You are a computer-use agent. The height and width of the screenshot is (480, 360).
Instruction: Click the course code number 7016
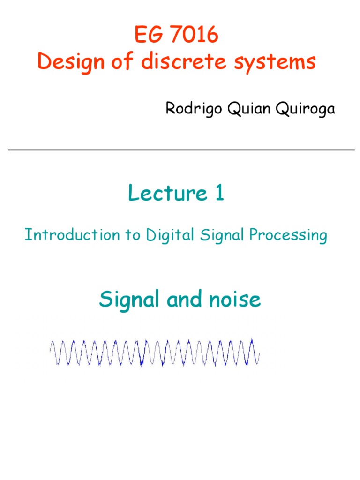tap(191, 35)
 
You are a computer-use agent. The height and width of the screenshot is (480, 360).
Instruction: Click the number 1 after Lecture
tap(219, 194)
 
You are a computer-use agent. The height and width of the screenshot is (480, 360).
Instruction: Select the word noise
tap(235, 299)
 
